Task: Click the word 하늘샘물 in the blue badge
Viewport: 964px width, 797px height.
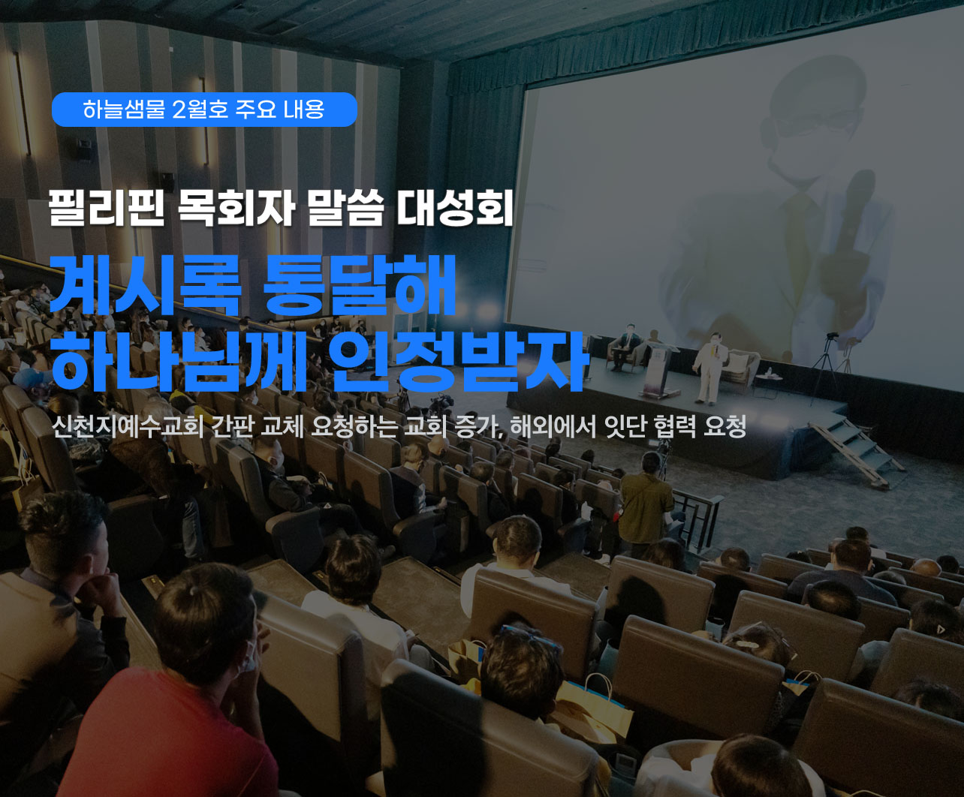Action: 124,110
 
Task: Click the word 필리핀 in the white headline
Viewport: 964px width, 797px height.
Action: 107,209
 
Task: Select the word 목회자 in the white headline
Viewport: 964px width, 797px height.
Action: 236,209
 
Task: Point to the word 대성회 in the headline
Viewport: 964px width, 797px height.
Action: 455,209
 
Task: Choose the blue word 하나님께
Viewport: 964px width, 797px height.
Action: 179,361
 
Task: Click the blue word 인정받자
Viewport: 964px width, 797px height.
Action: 459,361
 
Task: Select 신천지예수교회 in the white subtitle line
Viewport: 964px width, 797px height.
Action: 128,427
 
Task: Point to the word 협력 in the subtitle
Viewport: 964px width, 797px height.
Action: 674,427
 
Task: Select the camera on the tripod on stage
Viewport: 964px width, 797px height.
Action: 832,336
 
